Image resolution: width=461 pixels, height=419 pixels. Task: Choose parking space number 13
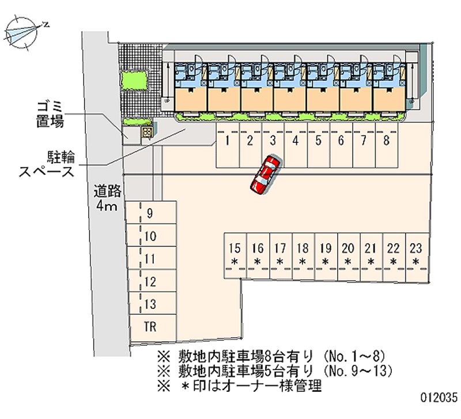click(x=150, y=304)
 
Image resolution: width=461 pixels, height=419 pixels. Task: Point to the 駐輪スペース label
click(x=47, y=164)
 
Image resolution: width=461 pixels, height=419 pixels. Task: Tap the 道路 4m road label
click(x=107, y=197)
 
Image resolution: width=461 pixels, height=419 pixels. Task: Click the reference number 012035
click(x=438, y=397)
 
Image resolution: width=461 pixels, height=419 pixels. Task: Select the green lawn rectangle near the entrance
click(x=133, y=80)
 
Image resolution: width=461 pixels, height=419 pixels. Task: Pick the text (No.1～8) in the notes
click(x=352, y=355)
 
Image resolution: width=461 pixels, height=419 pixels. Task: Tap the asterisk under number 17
click(x=280, y=262)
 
